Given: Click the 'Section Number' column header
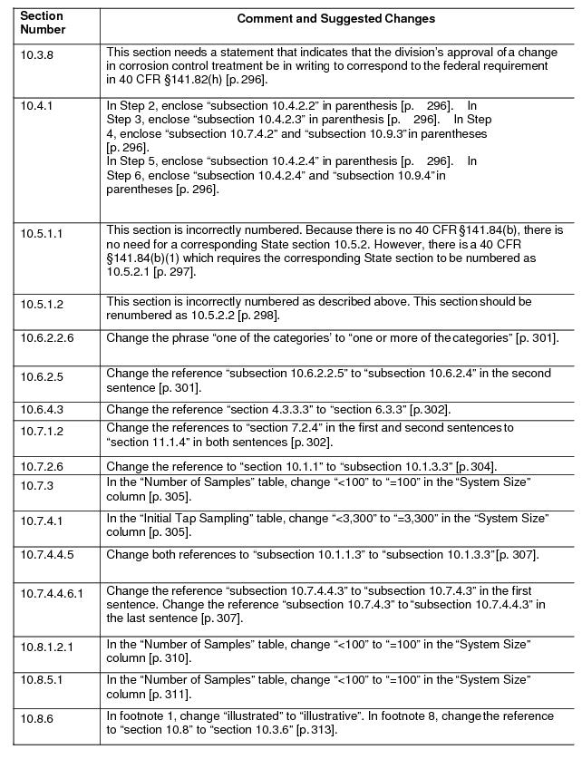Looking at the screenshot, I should click(43, 23).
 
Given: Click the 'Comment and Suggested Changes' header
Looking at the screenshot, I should click(335, 19).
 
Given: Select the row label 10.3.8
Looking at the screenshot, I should click(37, 55).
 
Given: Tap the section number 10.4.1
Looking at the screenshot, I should click(37, 106).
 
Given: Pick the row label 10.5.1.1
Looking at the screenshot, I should click(42, 233).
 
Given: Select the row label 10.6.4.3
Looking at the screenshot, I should click(42, 411).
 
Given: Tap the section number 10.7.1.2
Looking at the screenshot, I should click(42, 432).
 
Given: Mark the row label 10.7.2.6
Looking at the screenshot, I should click(42, 467).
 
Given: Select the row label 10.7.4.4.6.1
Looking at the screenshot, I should click(52, 593).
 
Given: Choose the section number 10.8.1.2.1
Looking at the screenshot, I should click(47, 647).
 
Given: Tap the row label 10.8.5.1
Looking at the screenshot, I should click(42, 681).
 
